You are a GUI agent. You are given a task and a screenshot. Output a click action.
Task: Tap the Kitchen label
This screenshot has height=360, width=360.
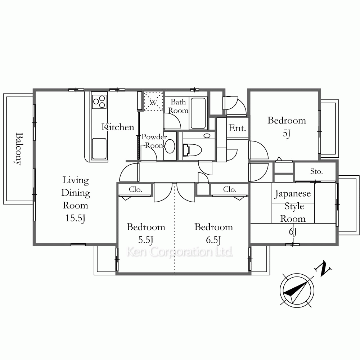click(118, 127)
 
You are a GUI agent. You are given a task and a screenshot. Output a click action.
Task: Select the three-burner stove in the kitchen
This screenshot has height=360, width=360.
click(99, 100)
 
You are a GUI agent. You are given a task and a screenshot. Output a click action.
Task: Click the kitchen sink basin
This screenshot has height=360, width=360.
click(99, 149)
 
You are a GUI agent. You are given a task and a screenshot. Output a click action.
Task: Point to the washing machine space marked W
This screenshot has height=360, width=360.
click(153, 102)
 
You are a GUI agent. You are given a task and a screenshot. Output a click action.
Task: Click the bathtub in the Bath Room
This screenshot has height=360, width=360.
click(198, 113)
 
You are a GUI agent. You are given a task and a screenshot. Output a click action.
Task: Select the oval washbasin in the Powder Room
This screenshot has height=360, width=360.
click(170, 146)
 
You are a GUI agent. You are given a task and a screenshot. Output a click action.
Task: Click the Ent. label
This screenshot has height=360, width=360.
click(237, 128)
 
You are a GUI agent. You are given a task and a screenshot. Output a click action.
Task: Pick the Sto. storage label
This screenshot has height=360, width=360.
click(316, 171)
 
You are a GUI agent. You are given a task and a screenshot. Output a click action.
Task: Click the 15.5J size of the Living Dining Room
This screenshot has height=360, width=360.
click(76, 218)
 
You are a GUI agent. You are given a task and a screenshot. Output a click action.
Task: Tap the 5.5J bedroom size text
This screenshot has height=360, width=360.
click(146, 240)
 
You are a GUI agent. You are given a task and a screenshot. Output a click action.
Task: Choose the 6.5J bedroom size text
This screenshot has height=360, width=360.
click(213, 240)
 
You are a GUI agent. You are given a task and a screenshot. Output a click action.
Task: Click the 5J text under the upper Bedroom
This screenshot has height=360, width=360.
click(287, 133)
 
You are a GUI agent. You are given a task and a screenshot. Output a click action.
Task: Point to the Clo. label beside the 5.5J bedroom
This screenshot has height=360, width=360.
click(135, 189)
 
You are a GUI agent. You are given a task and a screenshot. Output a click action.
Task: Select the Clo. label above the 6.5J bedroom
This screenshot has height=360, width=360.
click(230, 189)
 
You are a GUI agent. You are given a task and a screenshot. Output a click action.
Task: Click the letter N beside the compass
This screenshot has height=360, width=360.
click(323, 269)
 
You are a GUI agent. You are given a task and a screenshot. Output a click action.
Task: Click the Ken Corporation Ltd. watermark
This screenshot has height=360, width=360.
click(180, 252)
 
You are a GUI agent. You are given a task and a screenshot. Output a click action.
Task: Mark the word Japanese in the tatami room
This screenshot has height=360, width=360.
click(293, 194)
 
